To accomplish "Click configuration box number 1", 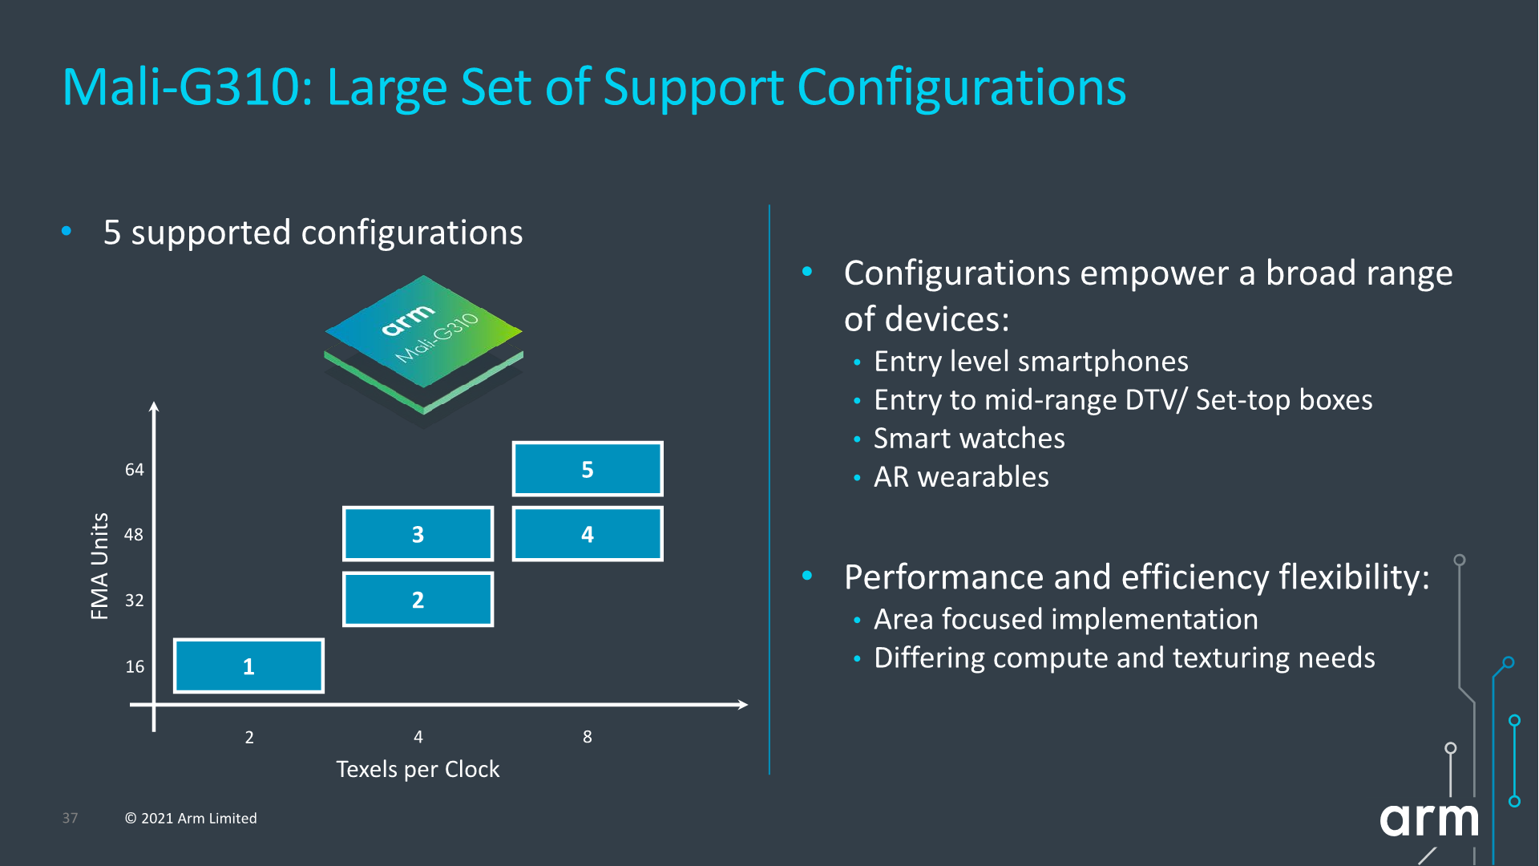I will tap(248, 666).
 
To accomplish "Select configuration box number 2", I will tap(418, 599).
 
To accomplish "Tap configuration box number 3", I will tap(418, 534).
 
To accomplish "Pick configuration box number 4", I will tap(588, 534).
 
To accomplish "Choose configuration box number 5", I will tap(588, 469).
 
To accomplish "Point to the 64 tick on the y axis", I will tap(135, 470).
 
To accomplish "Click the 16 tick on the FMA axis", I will tap(135, 666).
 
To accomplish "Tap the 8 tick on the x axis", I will tap(588, 737).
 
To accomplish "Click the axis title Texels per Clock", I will tap(418, 770).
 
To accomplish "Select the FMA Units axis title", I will tap(99, 566).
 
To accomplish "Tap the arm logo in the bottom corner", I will tap(1428, 819).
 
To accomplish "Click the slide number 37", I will tap(71, 819).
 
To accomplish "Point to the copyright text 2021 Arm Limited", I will tap(191, 819).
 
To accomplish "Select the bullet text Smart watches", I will tap(969, 439).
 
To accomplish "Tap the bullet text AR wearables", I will tap(961, 477).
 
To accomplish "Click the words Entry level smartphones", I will tap(1031, 362).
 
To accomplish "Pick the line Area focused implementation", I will tap(1065, 619).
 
